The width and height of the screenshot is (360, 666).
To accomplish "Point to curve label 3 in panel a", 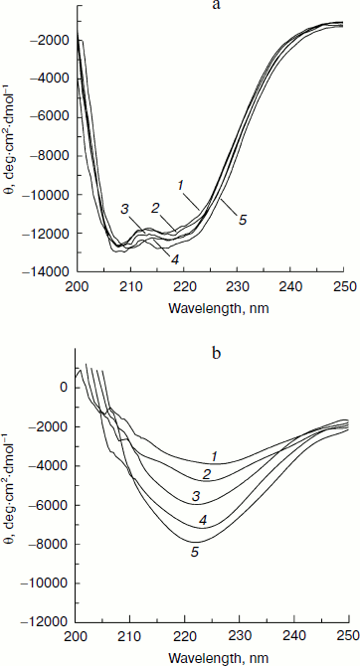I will [125, 208].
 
